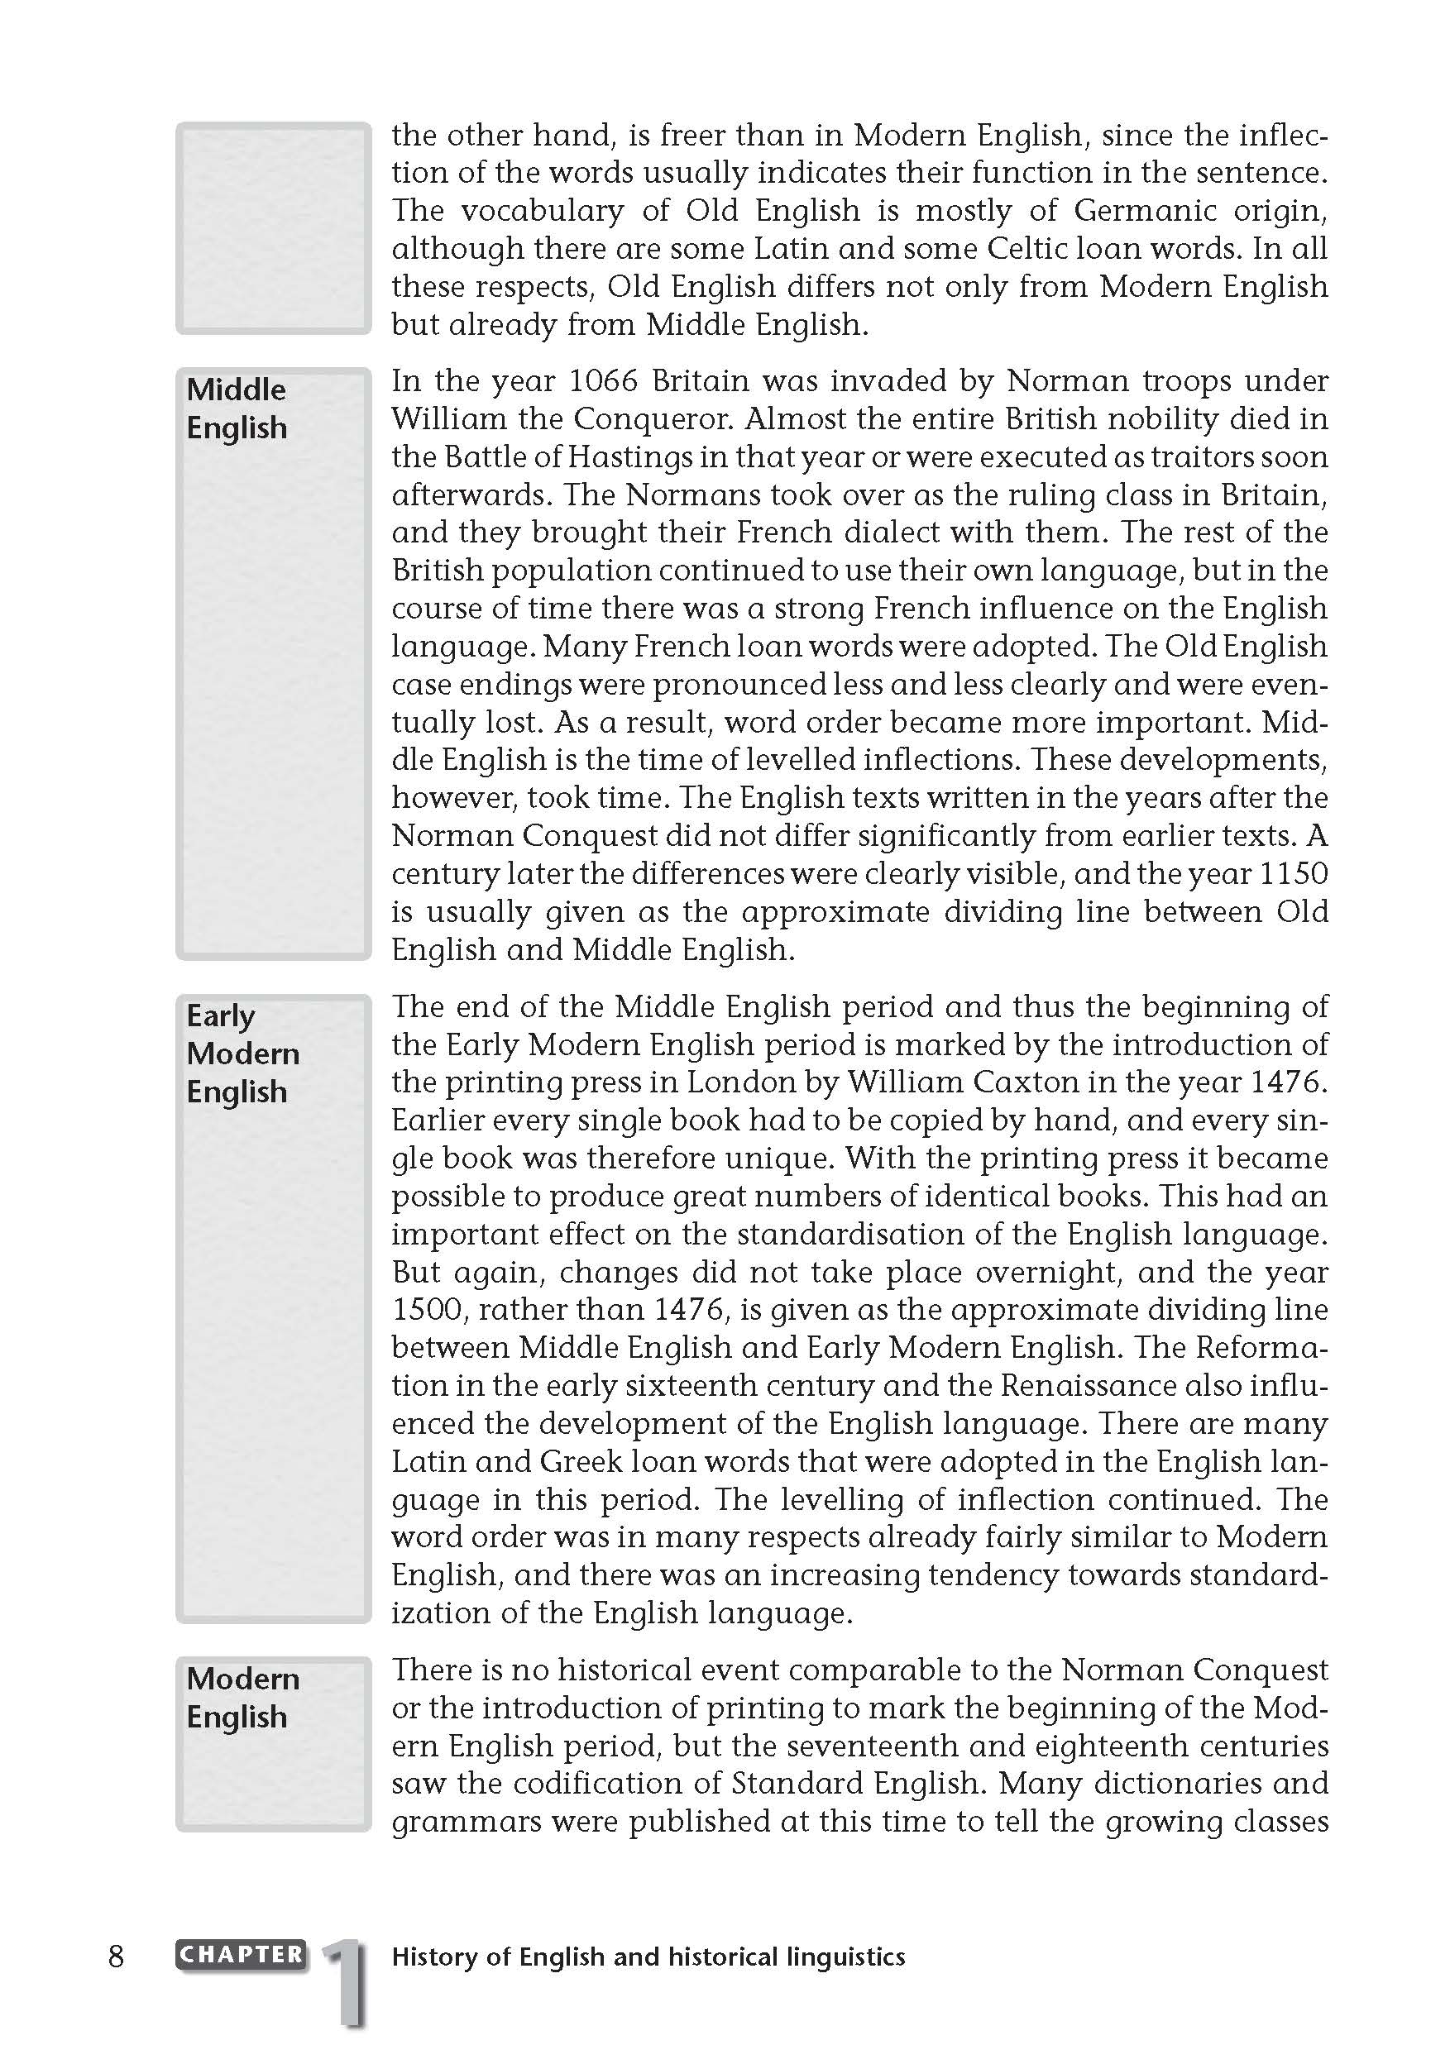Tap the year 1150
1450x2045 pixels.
click(1293, 874)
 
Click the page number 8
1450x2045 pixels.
click(116, 1957)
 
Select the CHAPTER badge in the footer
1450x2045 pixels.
click(241, 1955)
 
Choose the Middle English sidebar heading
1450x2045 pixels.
click(237, 409)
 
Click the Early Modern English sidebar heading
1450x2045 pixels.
click(243, 1054)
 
